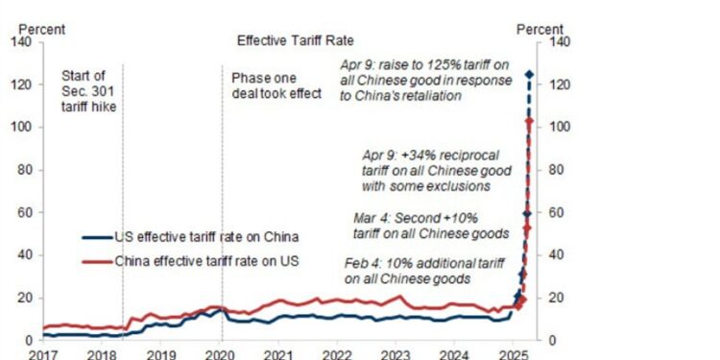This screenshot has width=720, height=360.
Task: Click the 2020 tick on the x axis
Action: [x=221, y=353]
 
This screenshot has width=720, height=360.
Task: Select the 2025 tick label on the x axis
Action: [x=515, y=353]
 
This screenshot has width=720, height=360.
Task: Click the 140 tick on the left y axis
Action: [x=23, y=42]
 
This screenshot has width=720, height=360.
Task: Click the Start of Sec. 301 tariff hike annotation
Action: [x=89, y=92]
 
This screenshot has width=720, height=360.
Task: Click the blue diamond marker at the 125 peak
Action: [x=529, y=74]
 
